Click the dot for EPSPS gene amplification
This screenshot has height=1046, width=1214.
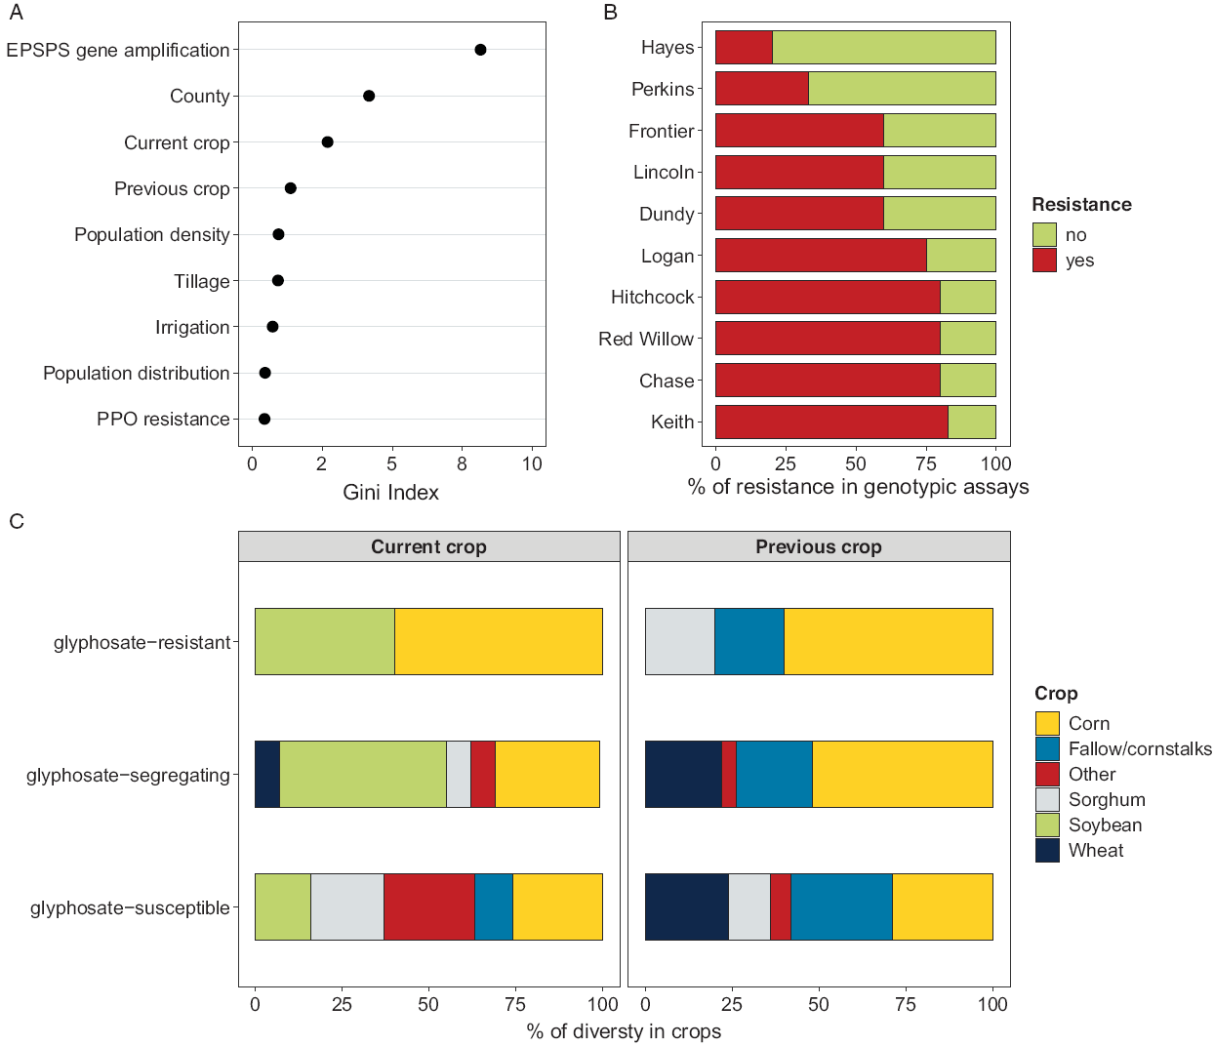[480, 50]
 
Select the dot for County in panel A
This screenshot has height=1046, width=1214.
[369, 96]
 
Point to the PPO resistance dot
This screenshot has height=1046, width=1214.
[264, 419]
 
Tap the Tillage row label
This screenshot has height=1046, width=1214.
[202, 281]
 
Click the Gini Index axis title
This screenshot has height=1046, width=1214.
[390, 493]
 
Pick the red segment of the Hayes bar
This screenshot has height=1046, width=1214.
[744, 47]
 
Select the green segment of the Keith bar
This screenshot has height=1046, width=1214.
[972, 422]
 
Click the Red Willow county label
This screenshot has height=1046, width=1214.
[646, 339]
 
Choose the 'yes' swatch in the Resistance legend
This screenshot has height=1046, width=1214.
[1044, 261]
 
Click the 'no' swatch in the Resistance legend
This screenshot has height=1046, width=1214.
[1044, 234]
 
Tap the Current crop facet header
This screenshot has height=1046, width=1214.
[428, 546]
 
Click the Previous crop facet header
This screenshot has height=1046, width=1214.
[818, 546]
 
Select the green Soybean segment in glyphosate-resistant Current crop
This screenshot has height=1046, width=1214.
[324, 641]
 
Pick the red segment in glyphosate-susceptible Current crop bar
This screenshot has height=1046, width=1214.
[428, 906]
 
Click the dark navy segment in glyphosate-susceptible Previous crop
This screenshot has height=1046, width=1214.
[686, 906]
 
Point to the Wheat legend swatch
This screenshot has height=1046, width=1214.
[1047, 850]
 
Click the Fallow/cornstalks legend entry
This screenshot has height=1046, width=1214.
[1139, 748]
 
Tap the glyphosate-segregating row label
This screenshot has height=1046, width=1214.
[128, 776]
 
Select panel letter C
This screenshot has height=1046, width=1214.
[17, 521]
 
